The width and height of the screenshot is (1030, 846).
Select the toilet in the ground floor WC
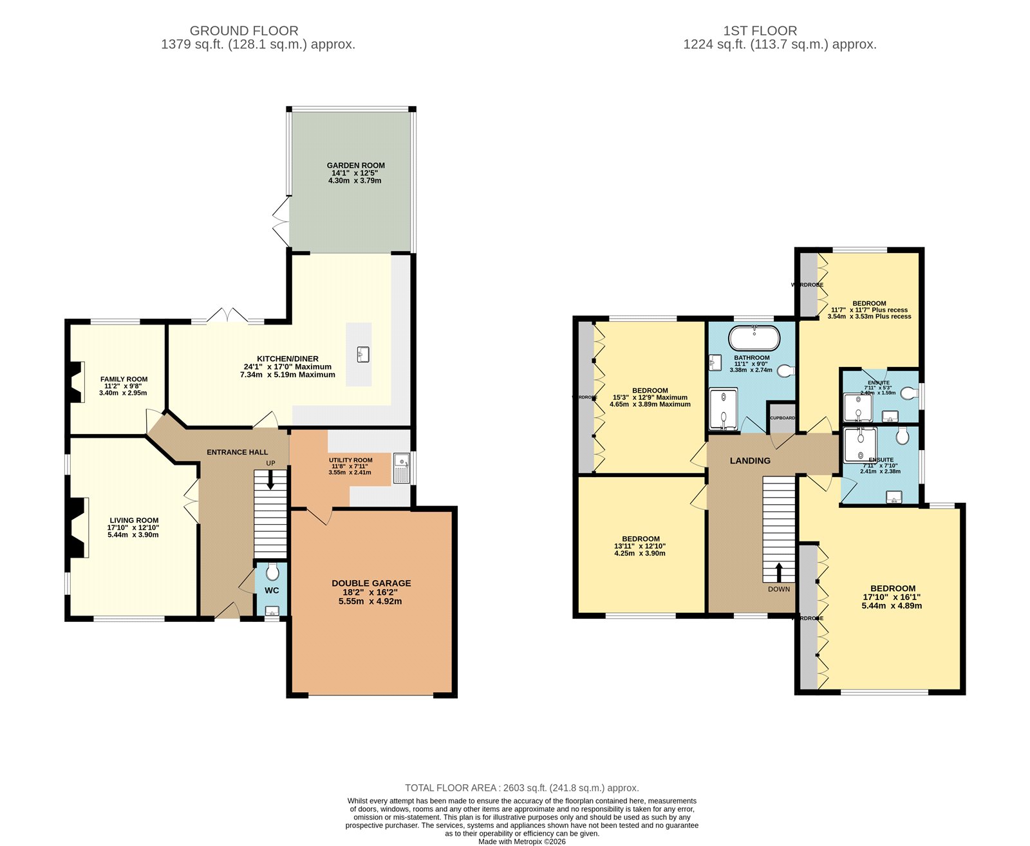(x=272, y=571)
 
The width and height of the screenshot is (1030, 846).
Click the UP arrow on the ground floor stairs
(x=270, y=480)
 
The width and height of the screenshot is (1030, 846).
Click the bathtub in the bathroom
(x=754, y=338)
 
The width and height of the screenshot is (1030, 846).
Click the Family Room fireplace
(x=76, y=382)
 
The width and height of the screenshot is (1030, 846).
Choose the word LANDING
(x=750, y=461)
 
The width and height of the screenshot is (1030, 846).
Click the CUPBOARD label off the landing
(x=782, y=418)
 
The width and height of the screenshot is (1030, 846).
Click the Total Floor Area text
(x=521, y=788)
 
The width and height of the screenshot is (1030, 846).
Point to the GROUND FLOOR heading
(x=244, y=31)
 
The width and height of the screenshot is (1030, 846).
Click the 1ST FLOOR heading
(x=760, y=31)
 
